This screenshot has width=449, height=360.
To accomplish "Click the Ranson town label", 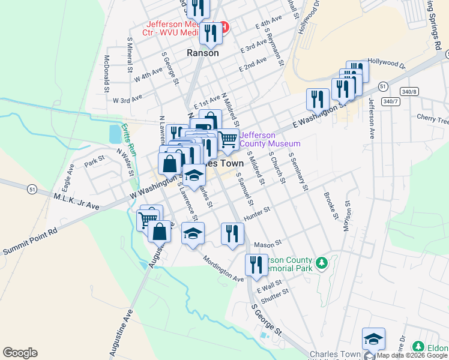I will (202, 53).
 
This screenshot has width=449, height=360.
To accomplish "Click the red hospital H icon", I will (223, 27).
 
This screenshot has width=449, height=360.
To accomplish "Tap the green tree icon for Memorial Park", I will (322, 263).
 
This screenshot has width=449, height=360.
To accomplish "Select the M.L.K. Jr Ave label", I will (76, 201).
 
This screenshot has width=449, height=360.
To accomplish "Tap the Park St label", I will (94, 162).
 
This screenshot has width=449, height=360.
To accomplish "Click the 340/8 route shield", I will (408, 91).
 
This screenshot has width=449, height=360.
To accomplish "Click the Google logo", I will (20, 353).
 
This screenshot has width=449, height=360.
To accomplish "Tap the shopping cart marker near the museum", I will (228, 140).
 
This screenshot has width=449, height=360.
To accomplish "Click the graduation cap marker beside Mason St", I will (193, 233).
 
